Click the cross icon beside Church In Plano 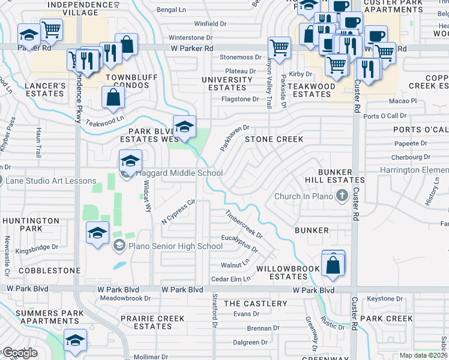coord(342,195)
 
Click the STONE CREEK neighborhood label coord(273,139)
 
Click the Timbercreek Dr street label coord(244,224)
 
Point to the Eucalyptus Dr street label coord(239,244)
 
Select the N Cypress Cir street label coord(179,212)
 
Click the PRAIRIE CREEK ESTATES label coord(153,322)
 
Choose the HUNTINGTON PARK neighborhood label coord(31,224)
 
